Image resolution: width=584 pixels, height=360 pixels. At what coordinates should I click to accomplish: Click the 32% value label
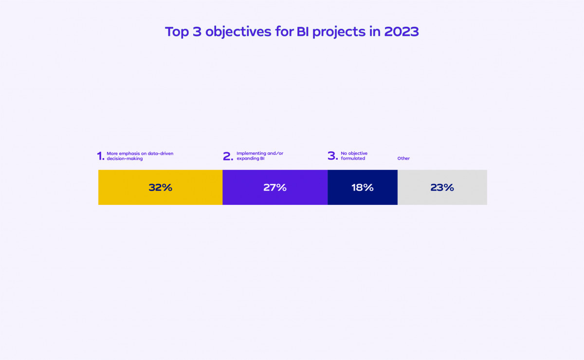(x=161, y=187)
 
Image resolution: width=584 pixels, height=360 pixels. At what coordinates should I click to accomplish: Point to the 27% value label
(x=275, y=187)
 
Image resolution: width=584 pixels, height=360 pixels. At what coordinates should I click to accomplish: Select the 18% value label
(x=363, y=187)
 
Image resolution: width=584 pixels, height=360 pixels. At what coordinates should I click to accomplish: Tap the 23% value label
(x=442, y=187)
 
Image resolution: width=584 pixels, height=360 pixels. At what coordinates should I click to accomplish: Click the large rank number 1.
(x=101, y=156)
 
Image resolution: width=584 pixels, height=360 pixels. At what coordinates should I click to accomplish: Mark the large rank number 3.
(x=332, y=156)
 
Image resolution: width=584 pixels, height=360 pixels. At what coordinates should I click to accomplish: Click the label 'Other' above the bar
(x=403, y=159)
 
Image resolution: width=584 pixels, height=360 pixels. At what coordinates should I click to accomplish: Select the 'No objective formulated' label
(x=354, y=156)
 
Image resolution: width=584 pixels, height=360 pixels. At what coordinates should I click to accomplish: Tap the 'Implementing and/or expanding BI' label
(x=259, y=156)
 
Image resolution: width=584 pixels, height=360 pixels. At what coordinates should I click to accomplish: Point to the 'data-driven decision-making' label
(x=140, y=156)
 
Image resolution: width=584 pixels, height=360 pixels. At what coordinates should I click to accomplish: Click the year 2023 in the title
(x=401, y=32)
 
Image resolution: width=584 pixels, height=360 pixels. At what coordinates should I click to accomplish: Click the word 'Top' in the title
(x=176, y=32)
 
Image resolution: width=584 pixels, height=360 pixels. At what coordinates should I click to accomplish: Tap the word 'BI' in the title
(x=303, y=32)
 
